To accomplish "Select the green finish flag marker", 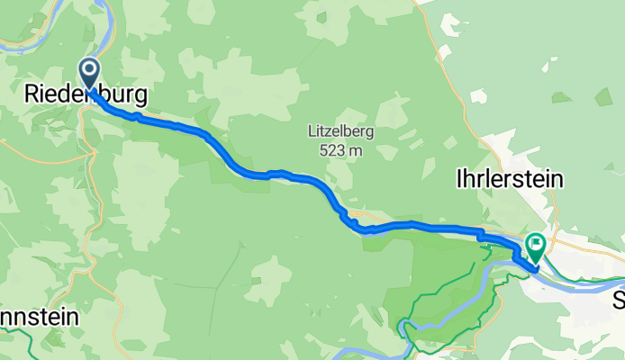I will [x=536, y=244].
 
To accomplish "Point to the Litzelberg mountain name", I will [x=340, y=131].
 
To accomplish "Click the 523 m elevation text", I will [x=340, y=150].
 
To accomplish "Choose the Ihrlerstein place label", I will [x=510, y=179].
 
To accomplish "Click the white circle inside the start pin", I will [x=90, y=68].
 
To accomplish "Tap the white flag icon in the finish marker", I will [x=536, y=241].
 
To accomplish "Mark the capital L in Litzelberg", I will [x=312, y=131].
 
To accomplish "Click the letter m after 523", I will [x=356, y=150].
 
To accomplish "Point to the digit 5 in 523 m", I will [x=322, y=150].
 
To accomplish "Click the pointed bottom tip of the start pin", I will [x=90, y=86].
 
